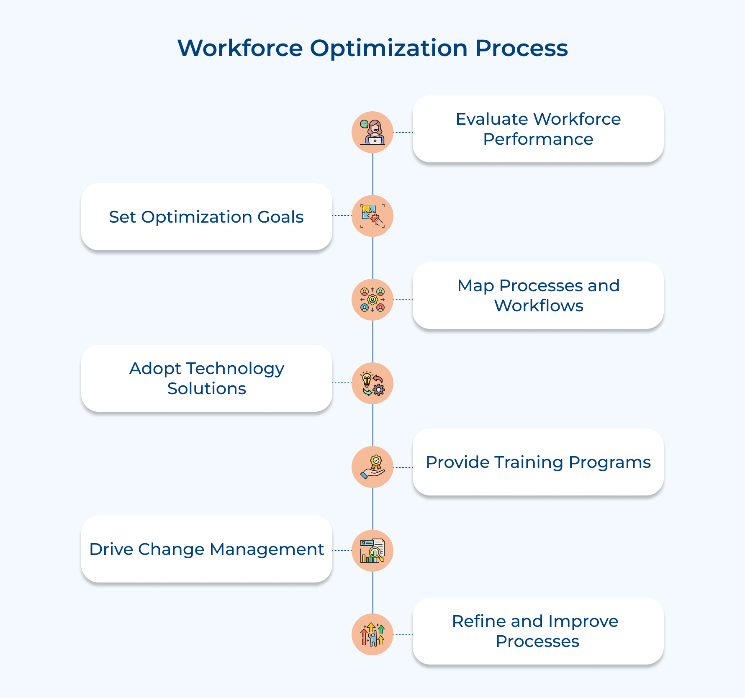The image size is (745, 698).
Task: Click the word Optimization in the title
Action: [388, 49]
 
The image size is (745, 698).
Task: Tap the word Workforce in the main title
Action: [240, 48]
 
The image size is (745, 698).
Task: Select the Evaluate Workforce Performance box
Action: [538, 129]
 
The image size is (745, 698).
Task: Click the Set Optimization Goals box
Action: [206, 217]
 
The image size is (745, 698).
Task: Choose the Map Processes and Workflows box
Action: [538, 295]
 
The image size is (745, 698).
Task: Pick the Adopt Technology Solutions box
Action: [206, 378]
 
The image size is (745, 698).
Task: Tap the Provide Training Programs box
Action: [538, 462]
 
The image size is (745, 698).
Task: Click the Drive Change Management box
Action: [206, 549]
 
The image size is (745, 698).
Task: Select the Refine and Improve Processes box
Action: [538, 631]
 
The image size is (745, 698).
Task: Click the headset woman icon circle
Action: [372, 132]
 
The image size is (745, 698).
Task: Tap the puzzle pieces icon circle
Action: [372, 216]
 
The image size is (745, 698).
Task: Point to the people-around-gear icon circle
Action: [372, 300]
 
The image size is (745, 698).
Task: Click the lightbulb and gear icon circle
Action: [372, 383]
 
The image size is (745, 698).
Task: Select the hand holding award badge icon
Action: [372, 467]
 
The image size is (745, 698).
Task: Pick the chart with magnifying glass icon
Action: [372, 551]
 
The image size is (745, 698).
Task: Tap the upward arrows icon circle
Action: [372, 634]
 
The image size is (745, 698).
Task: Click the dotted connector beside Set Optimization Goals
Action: [342, 216]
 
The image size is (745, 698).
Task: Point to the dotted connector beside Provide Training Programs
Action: [403, 467]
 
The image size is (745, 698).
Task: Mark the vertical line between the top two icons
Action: [372, 174]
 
